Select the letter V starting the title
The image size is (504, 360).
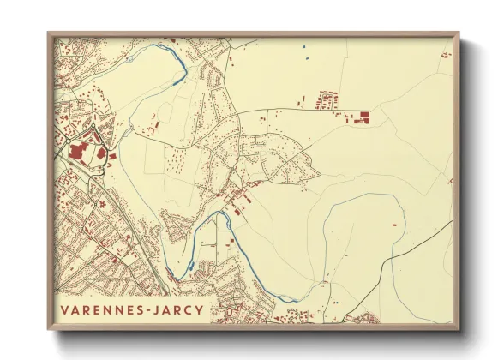point(64,309)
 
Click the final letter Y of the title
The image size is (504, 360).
point(200,309)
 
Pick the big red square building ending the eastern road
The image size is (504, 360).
point(364,115)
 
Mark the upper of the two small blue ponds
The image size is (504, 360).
point(303,46)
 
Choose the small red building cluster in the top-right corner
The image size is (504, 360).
point(446,55)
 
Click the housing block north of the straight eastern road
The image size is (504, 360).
point(327,99)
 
